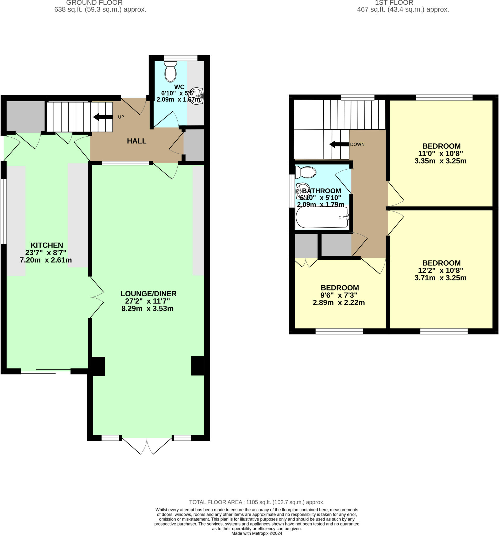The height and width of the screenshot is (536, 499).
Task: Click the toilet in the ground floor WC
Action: coord(170,72)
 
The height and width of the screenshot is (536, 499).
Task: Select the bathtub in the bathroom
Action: coord(322,217)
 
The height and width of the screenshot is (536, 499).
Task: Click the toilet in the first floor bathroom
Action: coord(306,172)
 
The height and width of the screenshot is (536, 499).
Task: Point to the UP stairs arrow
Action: coord(103,117)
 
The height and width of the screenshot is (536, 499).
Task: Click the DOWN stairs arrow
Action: coord(339,144)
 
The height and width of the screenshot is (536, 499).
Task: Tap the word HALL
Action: coord(136,141)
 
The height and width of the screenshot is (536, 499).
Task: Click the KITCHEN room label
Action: coord(47,245)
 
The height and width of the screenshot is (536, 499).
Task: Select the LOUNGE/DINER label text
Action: coord(149,294)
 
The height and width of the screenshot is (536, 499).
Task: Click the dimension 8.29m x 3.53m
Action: coord(147,309)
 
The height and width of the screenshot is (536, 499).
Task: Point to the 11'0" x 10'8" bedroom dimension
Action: coord(440,154)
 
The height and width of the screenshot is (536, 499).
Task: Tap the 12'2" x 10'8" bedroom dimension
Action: coord(440,270)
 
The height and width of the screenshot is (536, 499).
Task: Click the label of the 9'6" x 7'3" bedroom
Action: coord(339,288)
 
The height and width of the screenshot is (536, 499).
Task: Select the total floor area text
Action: coord(256,502)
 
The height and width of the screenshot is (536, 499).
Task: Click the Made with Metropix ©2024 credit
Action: coord(257,533)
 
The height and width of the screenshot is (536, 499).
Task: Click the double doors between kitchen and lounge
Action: coord(97,297)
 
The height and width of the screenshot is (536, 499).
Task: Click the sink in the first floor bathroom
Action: coord(302,190)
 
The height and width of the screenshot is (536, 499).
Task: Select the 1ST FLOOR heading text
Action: coord(394,3)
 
